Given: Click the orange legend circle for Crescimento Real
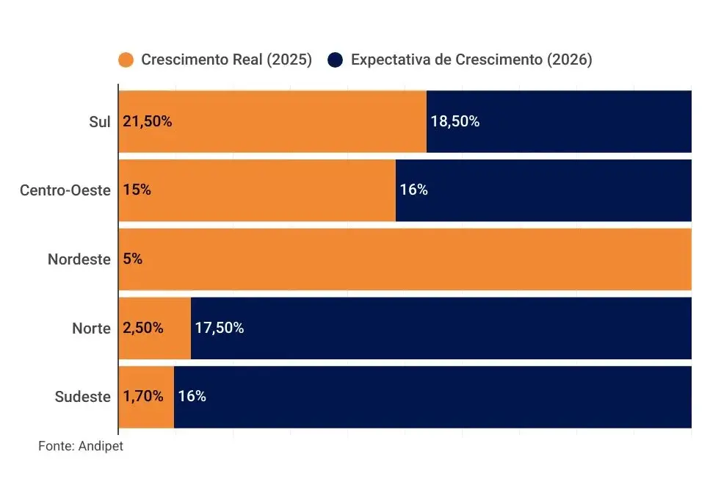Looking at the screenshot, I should pos(126,60).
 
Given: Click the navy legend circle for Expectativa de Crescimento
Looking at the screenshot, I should pos(336,60).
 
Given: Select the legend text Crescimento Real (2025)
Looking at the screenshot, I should pos(226,60).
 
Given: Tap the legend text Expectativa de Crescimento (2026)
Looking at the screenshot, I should pos(471,60).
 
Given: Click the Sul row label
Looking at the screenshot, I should pos(99,122).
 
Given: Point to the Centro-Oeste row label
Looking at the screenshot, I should pos(65,190).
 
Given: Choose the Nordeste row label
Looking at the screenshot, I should pos(79,259).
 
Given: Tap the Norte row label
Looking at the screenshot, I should pos(91,328).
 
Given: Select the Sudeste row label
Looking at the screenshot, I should pos(83,397).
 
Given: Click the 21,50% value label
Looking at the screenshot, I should pos(148,122).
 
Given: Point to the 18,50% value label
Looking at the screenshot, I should pos(454,122).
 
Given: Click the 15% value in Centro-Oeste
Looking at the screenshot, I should pos(137,190).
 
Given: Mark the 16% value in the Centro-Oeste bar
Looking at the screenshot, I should pos(413,190).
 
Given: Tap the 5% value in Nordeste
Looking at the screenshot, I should pos(133,259).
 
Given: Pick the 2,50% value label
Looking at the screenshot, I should pos(143,328).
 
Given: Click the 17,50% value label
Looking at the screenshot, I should pos(219,328).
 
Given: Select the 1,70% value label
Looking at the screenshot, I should pos(143,397).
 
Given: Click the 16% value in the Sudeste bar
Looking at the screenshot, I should pos(192,397).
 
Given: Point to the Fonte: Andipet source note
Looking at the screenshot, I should pos(81,446).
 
